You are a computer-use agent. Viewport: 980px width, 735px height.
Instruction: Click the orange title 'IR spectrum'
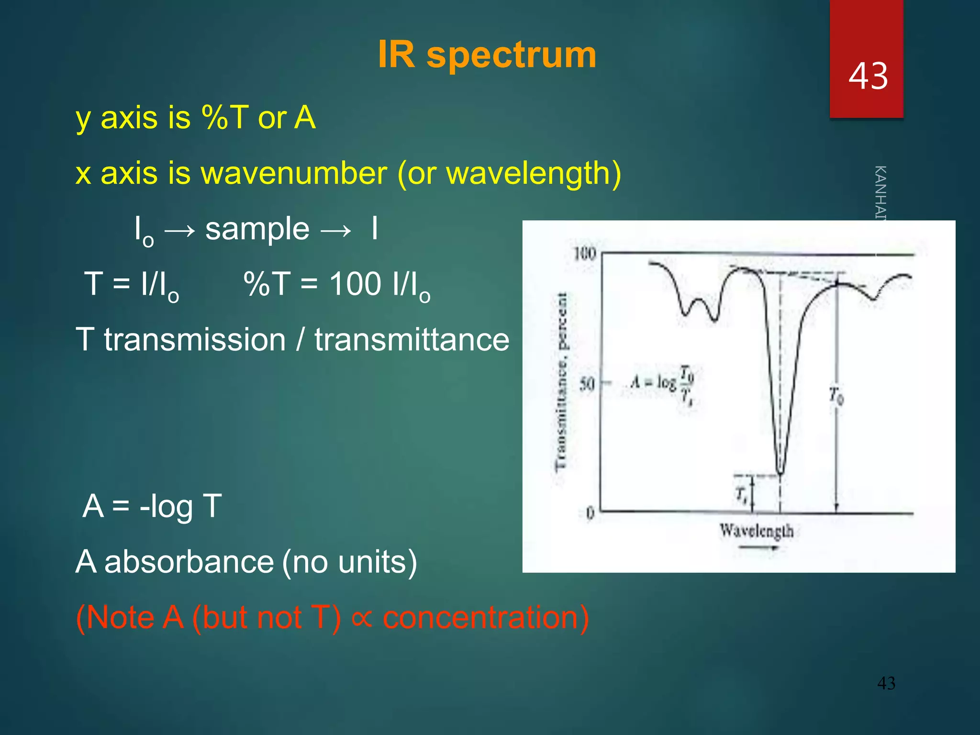(487, 55)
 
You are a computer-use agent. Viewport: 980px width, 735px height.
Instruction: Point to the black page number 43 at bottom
(886, 683)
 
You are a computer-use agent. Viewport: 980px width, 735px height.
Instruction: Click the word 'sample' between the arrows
(257, 229)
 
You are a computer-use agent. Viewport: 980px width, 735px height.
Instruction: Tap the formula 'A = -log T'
(152, 506)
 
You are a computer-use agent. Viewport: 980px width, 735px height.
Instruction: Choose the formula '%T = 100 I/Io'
(336, 285)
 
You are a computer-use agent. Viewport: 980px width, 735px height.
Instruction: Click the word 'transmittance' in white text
(412, 340)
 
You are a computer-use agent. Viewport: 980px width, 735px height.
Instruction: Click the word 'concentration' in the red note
(485, 617)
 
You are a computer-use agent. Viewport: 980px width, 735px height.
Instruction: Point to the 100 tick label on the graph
(585, 254)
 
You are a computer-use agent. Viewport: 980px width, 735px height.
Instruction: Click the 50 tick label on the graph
(587, 384)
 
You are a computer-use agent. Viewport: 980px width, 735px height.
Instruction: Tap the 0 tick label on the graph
(590, 513)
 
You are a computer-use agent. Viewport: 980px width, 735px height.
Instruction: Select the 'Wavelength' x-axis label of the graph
(757, 531)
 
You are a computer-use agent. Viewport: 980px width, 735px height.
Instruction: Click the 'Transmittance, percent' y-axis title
(562, 381)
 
